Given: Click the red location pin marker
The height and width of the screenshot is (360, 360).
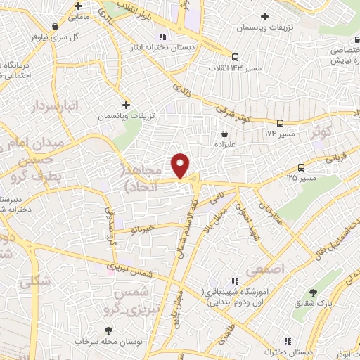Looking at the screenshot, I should [x=181, y=165].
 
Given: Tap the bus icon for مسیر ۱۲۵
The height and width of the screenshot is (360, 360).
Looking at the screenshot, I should [x=301, y=167].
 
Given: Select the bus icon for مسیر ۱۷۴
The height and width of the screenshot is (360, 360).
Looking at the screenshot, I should [x=280, y=122].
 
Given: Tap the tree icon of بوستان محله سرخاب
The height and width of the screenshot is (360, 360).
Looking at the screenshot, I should [x=108, y=330].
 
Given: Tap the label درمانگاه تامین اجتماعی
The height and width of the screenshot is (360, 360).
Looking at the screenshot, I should [x=21, y=70].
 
